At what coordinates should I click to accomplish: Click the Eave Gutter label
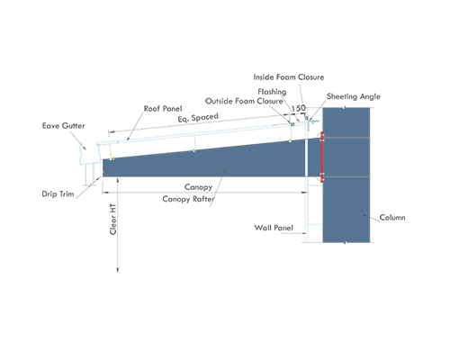click(63, 126)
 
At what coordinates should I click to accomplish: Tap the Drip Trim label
click(58, 194)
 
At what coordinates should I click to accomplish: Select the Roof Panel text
click(163, 109)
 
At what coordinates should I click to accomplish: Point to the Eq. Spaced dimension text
click(198, 117)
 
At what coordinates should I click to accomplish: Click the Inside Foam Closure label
click(289, 77)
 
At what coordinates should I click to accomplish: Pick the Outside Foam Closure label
click(244, 101)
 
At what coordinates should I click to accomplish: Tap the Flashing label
click(272, 92)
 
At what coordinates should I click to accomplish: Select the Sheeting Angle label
click(354, 96)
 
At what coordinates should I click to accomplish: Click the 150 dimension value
click(299, 108)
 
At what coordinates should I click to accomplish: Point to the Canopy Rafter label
click(188, 199)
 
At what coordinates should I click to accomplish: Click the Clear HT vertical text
click(112, 219)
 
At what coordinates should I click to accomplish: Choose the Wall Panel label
click(274, 228)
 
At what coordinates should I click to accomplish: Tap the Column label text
click(392, 217)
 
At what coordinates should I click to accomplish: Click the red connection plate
click(322, 157)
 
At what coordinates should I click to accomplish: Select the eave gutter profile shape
click(89, 154)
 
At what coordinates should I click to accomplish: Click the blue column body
click(346, 175)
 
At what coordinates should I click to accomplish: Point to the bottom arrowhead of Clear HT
click(118, 271)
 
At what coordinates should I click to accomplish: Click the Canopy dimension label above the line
click(198, 187)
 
